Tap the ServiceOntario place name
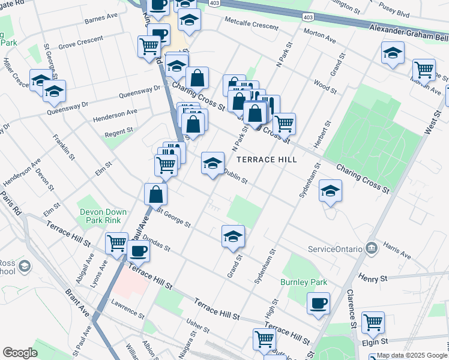click(335, 249)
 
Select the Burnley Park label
click(303, 281)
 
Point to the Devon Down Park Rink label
click(104, 217)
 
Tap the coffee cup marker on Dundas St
click(138, 251)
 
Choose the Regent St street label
click(118, 131)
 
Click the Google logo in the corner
click(20, 353)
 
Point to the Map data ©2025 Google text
click(411, 355)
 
